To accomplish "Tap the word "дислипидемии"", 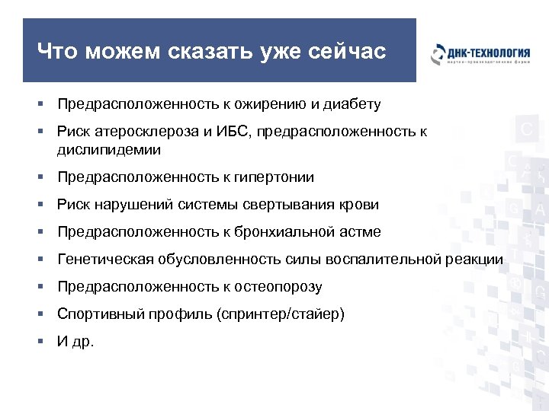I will [103, 149].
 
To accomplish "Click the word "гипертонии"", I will [276, 177].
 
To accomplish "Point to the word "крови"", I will [361, 205].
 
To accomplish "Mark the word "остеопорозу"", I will [280, 287].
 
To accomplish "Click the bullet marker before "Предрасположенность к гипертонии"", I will [46, 177].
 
